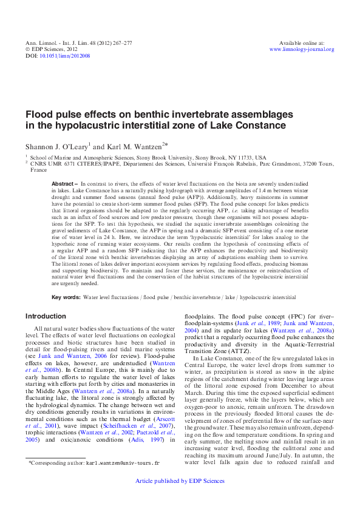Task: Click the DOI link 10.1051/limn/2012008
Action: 66,55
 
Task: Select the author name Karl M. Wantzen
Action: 135,146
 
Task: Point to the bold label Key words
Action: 66,297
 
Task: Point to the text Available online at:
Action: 301,43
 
